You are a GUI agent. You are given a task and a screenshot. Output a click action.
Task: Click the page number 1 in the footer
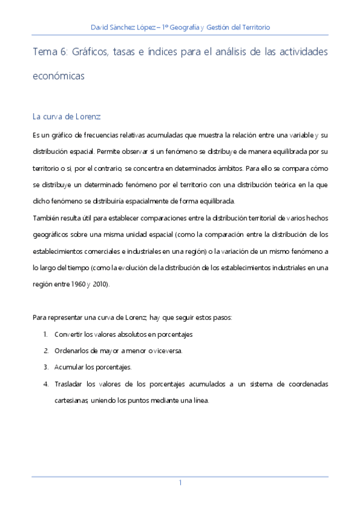(180, 483)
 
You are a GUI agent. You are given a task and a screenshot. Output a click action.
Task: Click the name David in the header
(100, 28)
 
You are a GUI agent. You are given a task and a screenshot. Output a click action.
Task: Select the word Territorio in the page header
(253, 28)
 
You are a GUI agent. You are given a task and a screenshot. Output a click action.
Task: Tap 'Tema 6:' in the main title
(50, 52)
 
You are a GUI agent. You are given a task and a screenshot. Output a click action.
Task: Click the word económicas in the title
(58, 77)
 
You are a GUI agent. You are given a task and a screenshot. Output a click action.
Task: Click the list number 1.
(46, 334)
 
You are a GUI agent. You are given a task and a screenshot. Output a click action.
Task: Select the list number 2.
(46, 350)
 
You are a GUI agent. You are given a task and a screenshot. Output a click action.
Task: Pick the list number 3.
(46, 366)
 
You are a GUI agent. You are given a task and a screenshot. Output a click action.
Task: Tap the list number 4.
(46, 383)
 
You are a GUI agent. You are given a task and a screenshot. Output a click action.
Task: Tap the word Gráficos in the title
(95, 52)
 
